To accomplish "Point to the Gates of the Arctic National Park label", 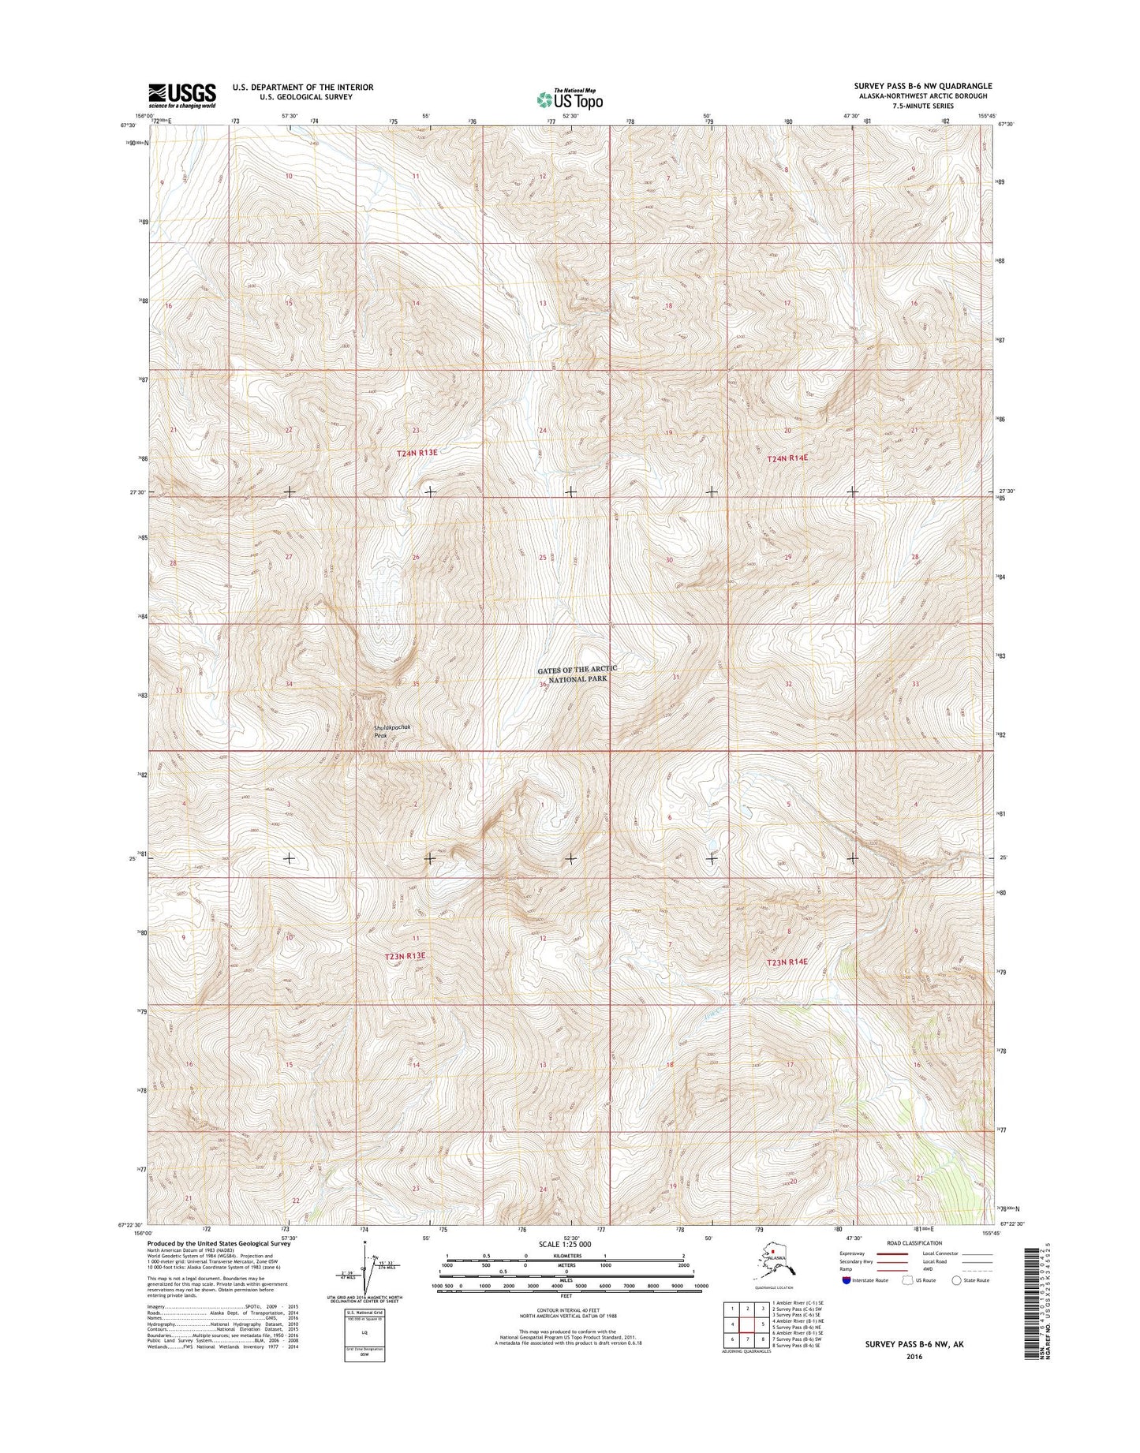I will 577,674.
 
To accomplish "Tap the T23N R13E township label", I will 405,955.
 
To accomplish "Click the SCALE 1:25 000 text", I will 566,1243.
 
